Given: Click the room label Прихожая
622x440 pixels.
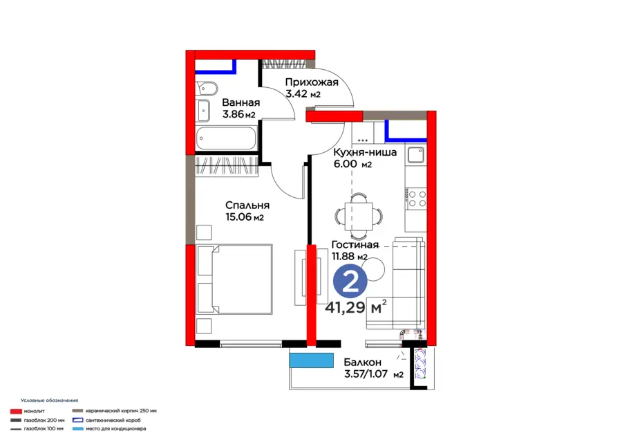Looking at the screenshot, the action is (x=312, y=82).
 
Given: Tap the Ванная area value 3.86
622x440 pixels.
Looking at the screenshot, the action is (x=234, y=114).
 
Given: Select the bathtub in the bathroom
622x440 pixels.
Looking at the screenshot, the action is (x=227, y=138).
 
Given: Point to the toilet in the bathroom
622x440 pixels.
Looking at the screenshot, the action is (x=206, y=89).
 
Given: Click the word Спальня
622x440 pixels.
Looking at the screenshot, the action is (x=247, y=205).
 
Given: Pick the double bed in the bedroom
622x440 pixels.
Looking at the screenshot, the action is (x=234, y=279).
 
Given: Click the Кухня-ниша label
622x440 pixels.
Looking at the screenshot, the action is (x=365, y=152).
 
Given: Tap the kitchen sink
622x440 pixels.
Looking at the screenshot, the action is (x=416, y=155).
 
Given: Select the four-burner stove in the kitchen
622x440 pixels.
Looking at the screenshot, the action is (x=417, y=199).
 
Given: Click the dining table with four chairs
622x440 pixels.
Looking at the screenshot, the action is (x=359, y=217).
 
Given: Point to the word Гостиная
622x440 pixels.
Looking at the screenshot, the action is (x=355, y=245).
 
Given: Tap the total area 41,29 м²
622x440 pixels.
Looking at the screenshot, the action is (x=356, y=307).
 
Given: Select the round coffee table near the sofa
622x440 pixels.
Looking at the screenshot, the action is (x=373, y=269).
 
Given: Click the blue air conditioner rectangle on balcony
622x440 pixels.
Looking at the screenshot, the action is (x=312, y=360).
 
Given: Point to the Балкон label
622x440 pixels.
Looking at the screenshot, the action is (x=363, y=363).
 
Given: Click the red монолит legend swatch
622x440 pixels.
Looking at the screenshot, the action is (x=16, y=412).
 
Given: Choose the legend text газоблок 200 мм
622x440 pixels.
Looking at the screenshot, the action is (x=44, y=420).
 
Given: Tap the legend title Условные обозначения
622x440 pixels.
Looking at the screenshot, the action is (x=50, y=401).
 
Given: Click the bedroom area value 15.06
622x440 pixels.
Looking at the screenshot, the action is (x=238, y=217).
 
